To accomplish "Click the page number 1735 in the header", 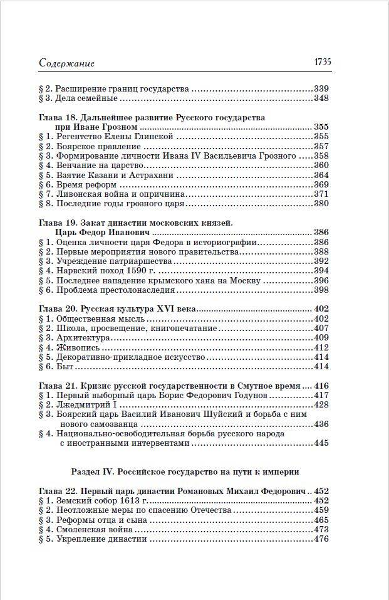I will point(318,62).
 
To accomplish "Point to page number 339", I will point(321,88).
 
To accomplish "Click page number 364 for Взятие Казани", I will point(321,175).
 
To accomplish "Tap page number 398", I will point(321,290).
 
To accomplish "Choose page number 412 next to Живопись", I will point(321,347).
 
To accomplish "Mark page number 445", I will point(321,443).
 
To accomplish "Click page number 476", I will point(321,539).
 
